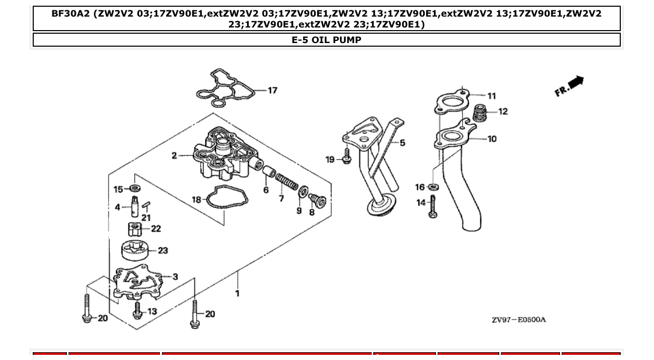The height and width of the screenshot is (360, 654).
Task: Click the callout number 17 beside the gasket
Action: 272,90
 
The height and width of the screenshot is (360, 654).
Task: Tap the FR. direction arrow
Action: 569,86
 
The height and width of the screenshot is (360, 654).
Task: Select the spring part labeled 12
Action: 481,113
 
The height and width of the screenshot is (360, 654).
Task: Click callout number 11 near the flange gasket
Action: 492,95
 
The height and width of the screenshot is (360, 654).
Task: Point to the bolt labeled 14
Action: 433,206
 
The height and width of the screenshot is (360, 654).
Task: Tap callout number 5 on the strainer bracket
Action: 402,143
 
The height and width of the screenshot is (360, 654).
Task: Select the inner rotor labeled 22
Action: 134,228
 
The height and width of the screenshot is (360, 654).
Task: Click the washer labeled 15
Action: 134,188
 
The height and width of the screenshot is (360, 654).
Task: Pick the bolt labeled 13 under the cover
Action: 138,310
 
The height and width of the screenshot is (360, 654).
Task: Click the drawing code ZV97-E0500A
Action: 519,320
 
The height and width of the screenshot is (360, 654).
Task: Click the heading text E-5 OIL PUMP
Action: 326,40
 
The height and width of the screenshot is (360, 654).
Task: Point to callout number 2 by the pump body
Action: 174,156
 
